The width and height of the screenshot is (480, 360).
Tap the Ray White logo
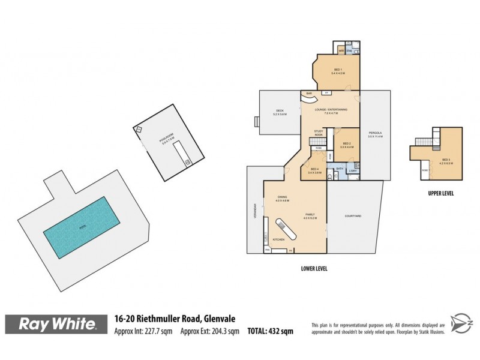click(x=58, y=325)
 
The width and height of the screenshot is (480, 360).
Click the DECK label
click(x=280, y=111)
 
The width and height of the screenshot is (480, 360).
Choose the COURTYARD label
click(x=352, y=216)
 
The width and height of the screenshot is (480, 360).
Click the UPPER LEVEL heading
click(x=441, y=193)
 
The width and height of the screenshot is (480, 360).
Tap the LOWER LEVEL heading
click(x=314, y=268)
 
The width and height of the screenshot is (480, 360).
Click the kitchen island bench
click(x=286, y=229)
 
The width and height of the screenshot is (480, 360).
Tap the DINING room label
click(x=283, y=197)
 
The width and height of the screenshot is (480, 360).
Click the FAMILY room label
click(x=310, y=214)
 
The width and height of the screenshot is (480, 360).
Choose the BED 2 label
click(x=347, y=143)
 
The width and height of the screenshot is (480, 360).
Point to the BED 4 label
click(x=314, y=170)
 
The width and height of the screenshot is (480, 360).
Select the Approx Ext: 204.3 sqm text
click(x=210, y=330)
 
